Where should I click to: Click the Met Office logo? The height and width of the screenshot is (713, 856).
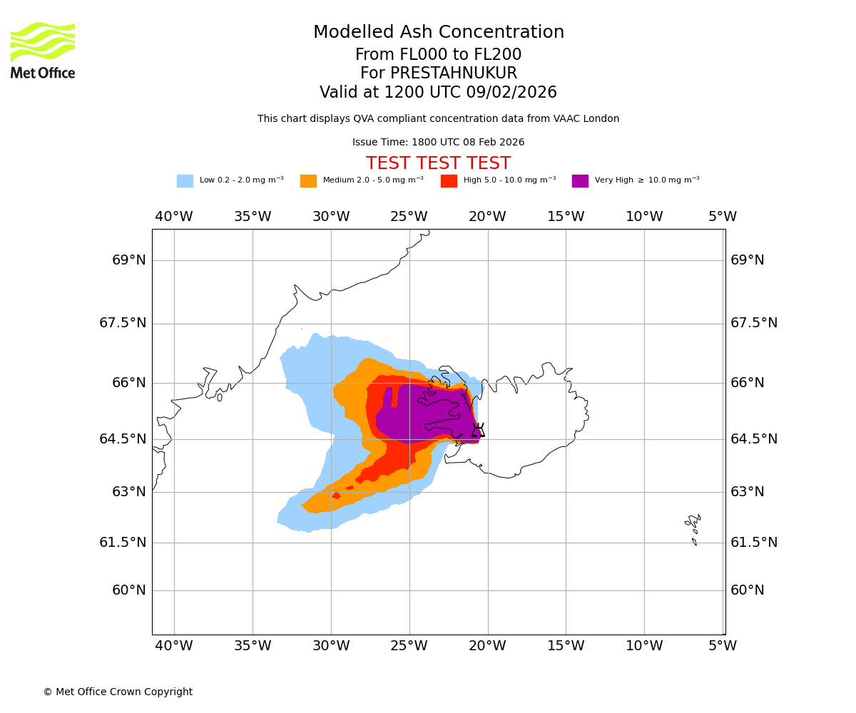point(43,50)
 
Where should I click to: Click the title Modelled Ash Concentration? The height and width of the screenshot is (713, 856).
point(438,33)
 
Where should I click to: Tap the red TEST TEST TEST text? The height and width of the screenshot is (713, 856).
point(438,163)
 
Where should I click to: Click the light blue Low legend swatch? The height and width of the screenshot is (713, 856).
point(185,180)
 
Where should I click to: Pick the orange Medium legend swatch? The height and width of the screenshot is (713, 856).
point(308,180)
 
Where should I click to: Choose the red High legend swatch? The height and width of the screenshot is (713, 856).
point(449,180)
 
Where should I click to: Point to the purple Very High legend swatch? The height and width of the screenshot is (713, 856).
point(580,180)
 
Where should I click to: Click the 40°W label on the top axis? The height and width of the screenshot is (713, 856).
point(174,217)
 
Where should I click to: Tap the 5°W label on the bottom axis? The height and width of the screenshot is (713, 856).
point(722,646)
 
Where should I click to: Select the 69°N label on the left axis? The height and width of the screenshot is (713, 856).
point(128,260)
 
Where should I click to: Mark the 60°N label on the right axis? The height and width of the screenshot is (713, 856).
point(747,590)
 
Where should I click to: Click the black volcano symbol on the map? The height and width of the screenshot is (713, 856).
point(478,430)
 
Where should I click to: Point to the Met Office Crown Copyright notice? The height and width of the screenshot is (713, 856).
point(118,692)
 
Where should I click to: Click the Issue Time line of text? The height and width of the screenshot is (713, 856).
point(438,143)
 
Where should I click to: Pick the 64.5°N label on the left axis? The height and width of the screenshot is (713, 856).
point(123,439)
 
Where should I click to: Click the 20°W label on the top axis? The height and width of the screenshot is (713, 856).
point(487,217)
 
